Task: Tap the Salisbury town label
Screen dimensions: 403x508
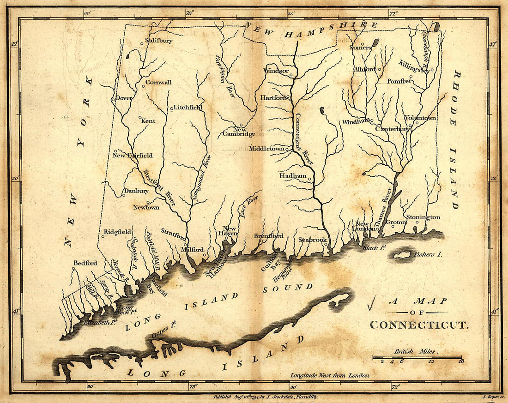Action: click(159, 40)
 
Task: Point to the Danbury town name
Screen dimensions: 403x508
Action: click(136, 191)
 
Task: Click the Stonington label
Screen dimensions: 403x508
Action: click(423, 217)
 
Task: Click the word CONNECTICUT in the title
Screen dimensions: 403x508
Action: click(419, 325)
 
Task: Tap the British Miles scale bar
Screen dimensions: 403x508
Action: click(417, 357)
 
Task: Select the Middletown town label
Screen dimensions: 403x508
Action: click(266, 149)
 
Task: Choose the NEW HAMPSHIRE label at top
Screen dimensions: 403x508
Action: click(311, 30)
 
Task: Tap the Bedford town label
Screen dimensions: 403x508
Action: click(85, 263)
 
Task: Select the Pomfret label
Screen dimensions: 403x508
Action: click(399, 81)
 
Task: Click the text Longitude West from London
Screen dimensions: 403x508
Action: click(329, 375)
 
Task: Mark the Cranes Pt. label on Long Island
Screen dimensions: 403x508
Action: click(164, 331)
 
